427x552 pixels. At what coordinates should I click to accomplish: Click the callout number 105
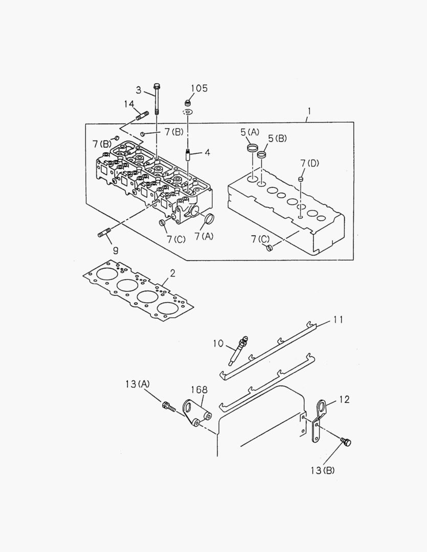click(x=199, y=88)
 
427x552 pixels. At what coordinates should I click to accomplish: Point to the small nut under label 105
click(x=188, y=103)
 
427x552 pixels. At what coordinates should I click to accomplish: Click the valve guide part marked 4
click(x=188, y=154)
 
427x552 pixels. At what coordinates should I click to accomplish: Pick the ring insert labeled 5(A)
click(x=252, y=148)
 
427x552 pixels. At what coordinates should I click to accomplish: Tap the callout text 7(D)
click(x=309, y=163)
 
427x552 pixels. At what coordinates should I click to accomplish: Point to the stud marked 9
click(x=104, y=235)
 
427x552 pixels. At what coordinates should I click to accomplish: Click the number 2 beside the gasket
click(x=173, y=273)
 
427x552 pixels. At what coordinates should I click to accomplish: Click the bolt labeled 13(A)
click(x=168, y=406)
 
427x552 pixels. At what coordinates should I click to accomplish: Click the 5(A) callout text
click(x=250, y=132)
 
